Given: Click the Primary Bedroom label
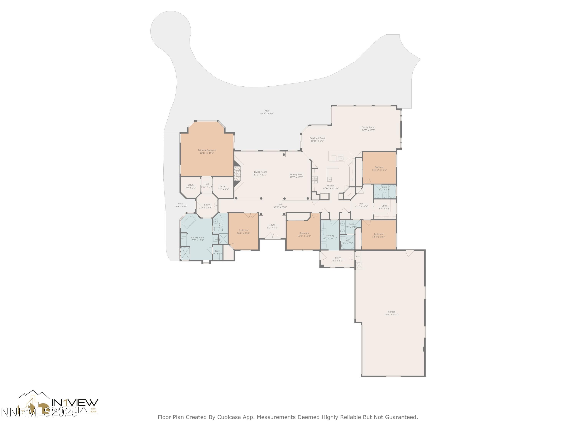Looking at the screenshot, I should click(207, 150).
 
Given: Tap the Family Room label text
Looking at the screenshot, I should click(368, 127).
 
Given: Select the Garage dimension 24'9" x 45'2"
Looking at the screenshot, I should click(391, 314).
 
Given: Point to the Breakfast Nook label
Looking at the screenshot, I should click(317, 138).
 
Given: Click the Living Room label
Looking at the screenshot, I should click(260, 172).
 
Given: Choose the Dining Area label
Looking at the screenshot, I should click(296, 175).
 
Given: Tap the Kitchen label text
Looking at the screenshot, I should click(330, 186).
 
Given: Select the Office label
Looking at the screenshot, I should click(384, 206).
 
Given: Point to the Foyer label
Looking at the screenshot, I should click(272, 225).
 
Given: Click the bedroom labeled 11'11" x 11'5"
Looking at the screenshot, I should click(379, 168).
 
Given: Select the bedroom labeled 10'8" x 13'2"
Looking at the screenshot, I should click(243, 232).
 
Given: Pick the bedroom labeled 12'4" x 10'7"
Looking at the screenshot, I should click(378, 235).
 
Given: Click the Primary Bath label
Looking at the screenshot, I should click(197, 238).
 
